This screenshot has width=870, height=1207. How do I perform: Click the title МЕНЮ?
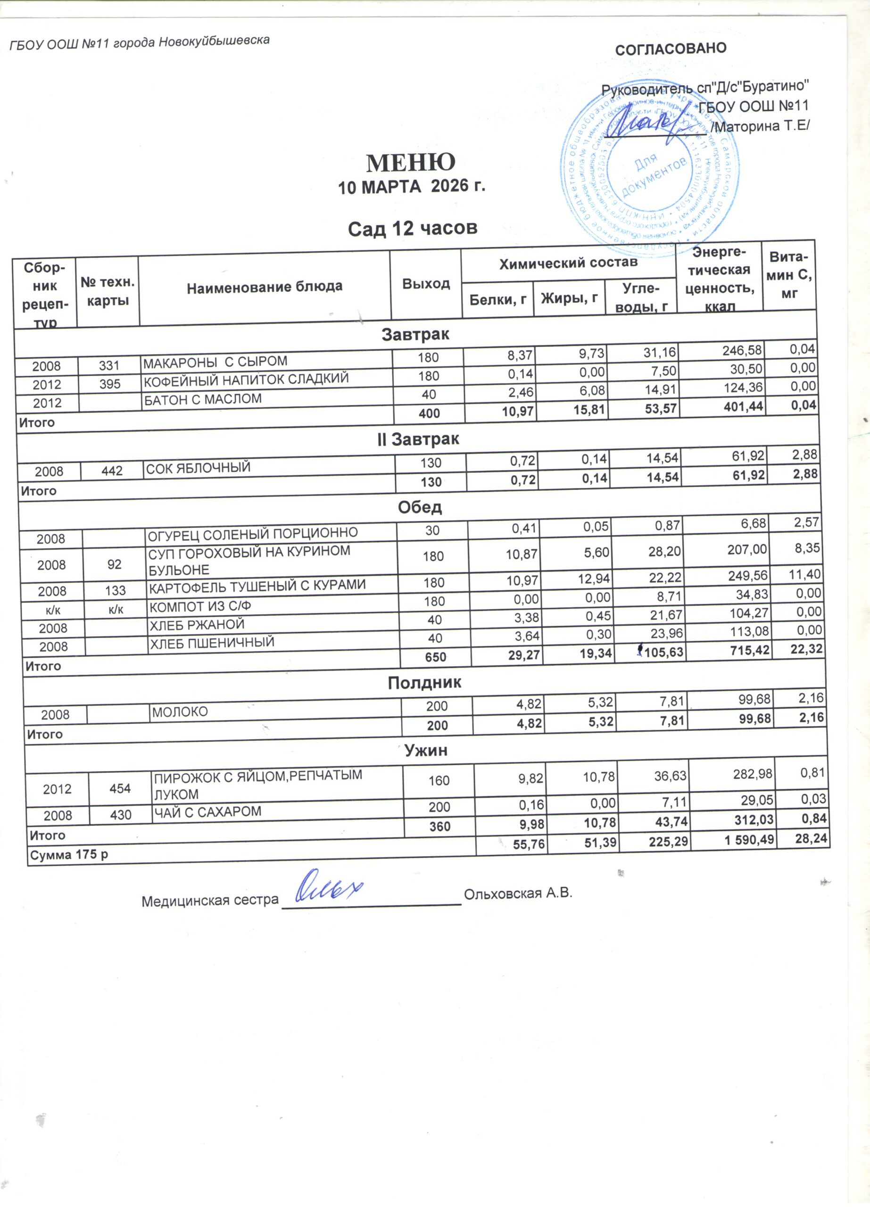pos(411,162)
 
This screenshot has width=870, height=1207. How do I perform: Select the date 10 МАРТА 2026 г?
pos(413,187)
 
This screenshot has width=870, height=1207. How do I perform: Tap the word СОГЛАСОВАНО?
pos(671,49)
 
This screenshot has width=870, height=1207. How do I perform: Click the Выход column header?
pos(426,284)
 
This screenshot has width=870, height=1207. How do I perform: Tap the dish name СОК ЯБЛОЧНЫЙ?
pos(198,468)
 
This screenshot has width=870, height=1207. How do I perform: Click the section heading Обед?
pos(420,507)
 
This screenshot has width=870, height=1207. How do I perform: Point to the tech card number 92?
pos(115,563)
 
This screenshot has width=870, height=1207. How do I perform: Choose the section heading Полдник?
pos(424,683)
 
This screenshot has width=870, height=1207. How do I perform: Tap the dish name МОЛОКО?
pos(180,711)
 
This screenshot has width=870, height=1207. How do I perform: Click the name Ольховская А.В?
pos(518,893)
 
